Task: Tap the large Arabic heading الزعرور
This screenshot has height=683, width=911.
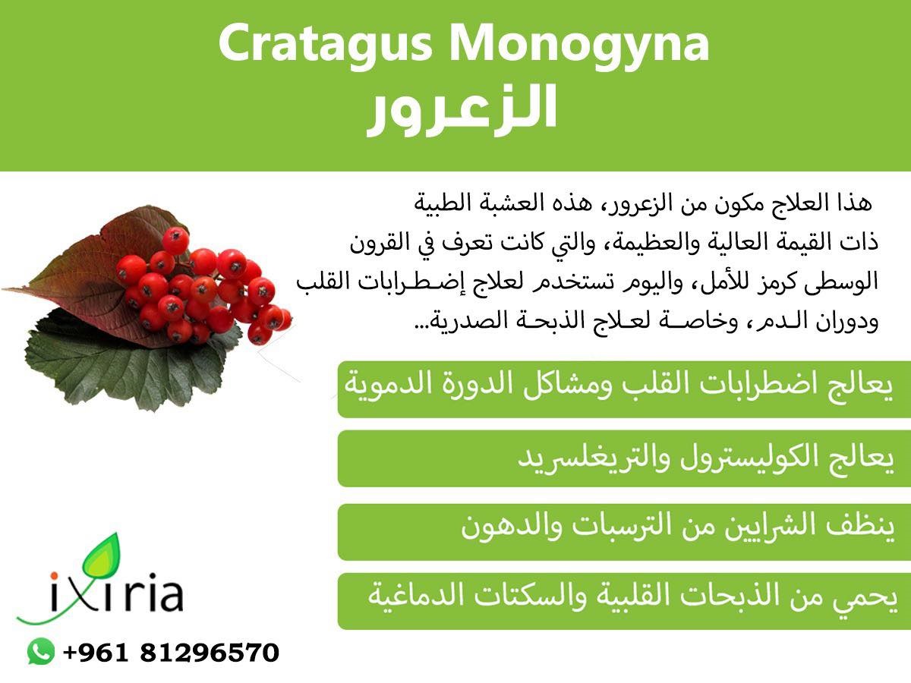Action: pyautogui.click(x=462, y=110)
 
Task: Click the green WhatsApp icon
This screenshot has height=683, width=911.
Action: pyautogui.click(x=41, y=651)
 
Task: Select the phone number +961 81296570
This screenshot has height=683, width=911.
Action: pyautogui.click(x=171, y=653)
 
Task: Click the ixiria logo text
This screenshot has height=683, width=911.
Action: pyautogui.click(x=117, y=592)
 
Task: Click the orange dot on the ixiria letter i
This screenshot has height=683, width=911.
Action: pyautogui.click(x=54, y=575)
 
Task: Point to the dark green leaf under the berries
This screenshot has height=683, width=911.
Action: pyautogui.click(x=125, y=365)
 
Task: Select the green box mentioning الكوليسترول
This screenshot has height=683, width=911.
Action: pyautogui.click(x=624, y=458)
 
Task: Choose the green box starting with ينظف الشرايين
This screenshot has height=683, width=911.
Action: pyautogui.click(x=624, y=532)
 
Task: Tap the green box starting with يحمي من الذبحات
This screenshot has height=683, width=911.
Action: pyautogui.click(x=624, y=601)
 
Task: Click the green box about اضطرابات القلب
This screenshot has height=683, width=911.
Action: pyautogui.click(x=624, y=389)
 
